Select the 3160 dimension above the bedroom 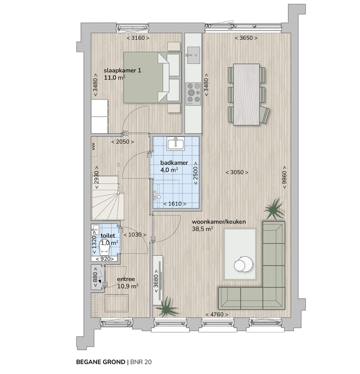[x=137, y=38]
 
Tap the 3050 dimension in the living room [x=236, y=172]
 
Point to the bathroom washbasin [x=176, y=144]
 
